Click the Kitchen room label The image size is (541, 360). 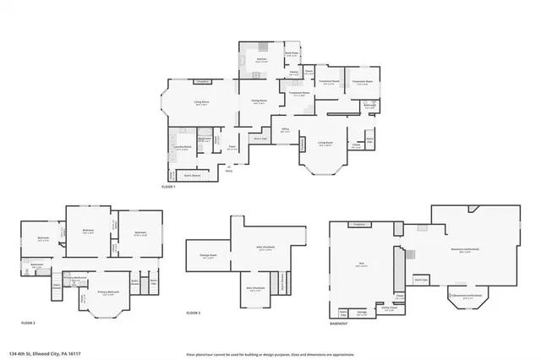(x=261, y=61)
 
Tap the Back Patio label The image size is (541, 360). (x=292, y=54)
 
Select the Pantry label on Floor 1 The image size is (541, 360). (x=293, y=74)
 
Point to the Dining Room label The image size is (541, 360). (x=259, y=101)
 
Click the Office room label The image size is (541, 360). (x=286, y=131)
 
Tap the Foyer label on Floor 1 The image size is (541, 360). (x=231, y=149)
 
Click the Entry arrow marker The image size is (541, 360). (x=229, y=167)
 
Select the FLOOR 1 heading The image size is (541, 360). (x=168, y=187)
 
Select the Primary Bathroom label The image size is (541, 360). (x=76, y=278)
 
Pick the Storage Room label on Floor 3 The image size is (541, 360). (x=208, y=258)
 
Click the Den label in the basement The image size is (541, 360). (x=361, y=265)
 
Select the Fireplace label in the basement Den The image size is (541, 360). (x=358, y=224)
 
